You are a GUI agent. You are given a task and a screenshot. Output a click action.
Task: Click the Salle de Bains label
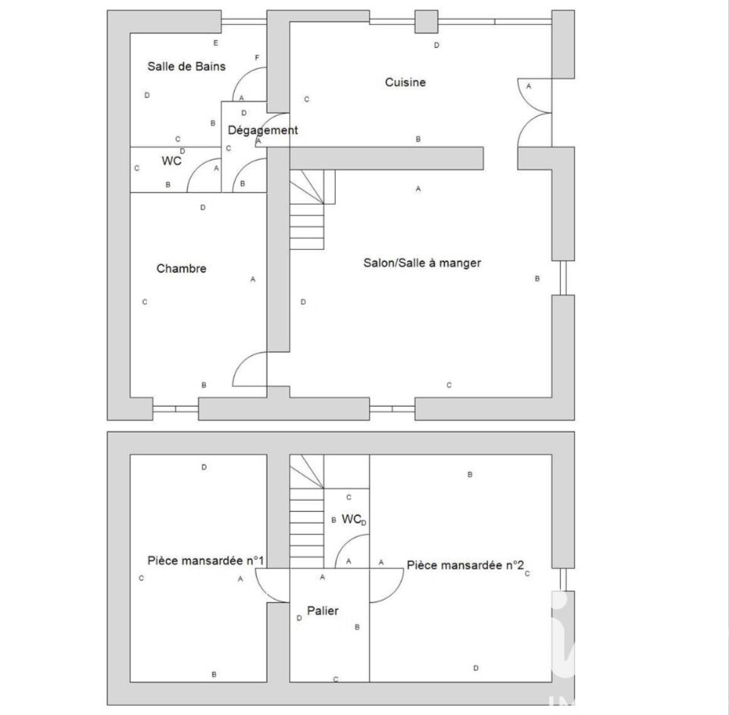coord(186,67)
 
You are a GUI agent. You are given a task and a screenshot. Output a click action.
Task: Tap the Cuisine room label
coord(405,83)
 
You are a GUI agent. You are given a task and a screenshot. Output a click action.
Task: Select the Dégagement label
coord(263,130)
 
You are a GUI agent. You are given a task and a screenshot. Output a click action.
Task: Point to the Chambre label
coord(181,269)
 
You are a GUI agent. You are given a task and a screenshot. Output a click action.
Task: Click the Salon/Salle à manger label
coord(422,263)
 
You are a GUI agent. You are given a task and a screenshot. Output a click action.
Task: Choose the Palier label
coord(323,611)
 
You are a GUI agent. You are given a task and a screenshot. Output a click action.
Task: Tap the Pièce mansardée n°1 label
coord(205,560)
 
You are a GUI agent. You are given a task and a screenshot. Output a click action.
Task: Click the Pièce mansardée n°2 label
coord(465,565)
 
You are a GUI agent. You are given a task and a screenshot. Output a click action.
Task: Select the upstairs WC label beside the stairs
coord(352,519)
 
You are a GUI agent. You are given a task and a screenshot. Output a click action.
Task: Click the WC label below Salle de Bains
coord(171,161)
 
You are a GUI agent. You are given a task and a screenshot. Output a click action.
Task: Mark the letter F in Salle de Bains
coord(257,58)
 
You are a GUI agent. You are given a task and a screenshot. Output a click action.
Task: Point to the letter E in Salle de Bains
coord(216,43)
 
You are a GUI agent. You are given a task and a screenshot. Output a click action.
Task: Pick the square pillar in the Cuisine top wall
coord(427,22)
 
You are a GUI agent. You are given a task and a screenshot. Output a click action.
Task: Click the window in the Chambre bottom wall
coord(176,409)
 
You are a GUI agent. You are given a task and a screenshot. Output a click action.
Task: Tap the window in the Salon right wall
coord(564,278)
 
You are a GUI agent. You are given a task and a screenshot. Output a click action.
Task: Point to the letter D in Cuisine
coord(436,45)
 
